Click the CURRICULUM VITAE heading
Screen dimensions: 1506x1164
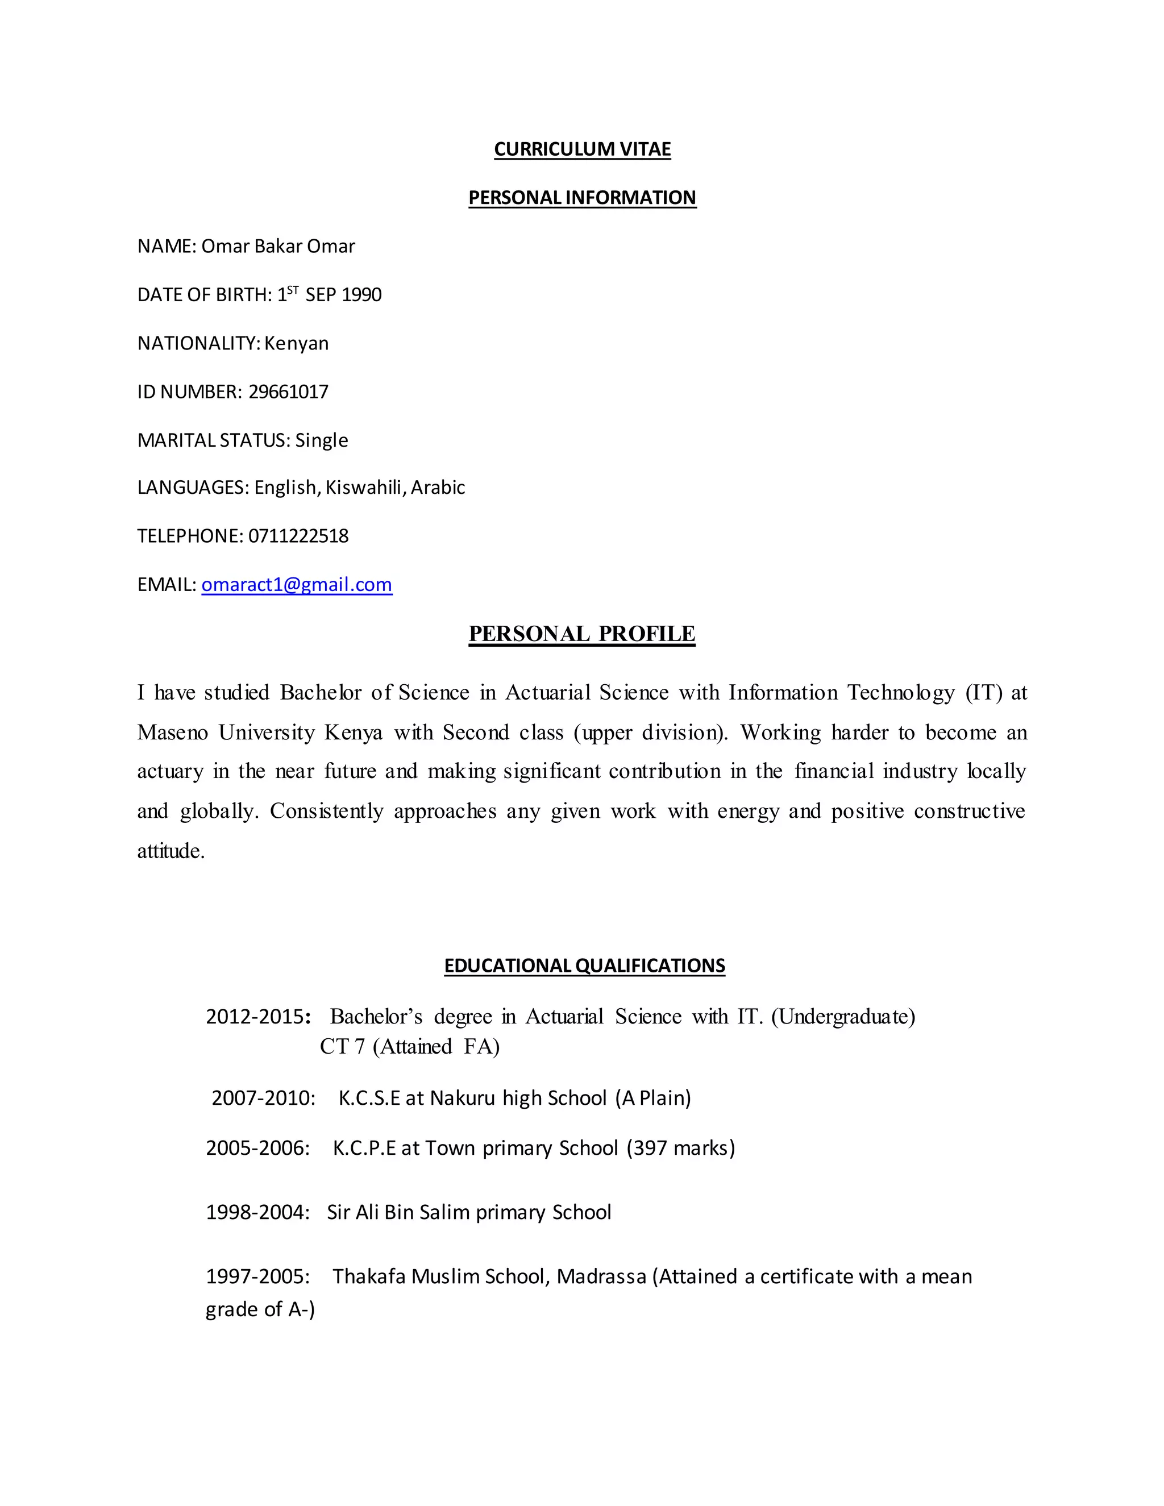pos(582,149)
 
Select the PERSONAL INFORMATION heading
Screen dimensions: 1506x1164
pos(582,197)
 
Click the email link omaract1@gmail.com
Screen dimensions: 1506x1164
pos(297,585)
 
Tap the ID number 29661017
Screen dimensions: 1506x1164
pos(288,392)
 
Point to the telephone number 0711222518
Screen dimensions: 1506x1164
pos(298,536)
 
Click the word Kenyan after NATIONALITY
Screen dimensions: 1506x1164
pos(297,343)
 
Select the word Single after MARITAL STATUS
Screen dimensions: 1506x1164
pos(321,440)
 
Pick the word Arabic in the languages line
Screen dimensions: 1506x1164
pos(438,488)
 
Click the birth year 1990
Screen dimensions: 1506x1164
pos(361,295)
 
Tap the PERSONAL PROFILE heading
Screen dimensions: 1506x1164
pos(582,634)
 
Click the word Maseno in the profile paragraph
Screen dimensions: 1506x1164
pos(172,733)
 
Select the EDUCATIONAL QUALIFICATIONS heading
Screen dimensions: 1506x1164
pos(584,966)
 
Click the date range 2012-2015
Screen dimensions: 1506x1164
pos(255,1017)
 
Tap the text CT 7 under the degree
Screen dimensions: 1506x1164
pos(342,1047)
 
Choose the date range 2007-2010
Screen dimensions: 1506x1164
pos(263,1098)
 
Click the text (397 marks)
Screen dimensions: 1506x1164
pos(680,1147)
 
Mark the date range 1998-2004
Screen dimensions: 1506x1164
pos(257,1212)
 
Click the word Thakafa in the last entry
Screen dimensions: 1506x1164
pos(369,1276)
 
